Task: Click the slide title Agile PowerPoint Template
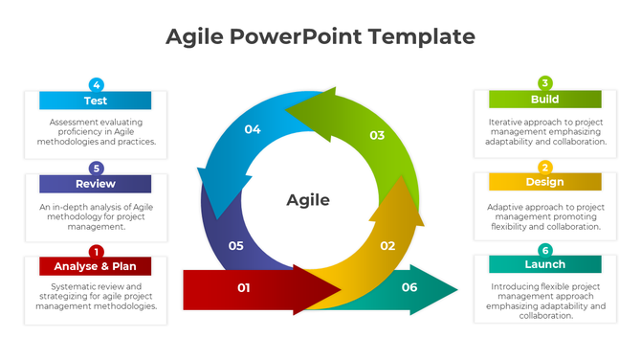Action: pyautogui.click(x=320, y=36)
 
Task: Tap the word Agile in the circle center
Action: pyautogui.click(x=308, y=200)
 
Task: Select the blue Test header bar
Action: pyautogui.click(x=95, y=101)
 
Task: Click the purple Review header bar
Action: pyautogui.click(x=95, y=184)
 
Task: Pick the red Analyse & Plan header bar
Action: pyautogui.click(x=95, y=266)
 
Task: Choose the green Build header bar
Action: pyautogui.click(x=544, y=100)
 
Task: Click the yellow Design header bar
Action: pyautogui.click(x=544, y=182)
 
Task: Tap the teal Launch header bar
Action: pyautogui.click(x=544, y=264)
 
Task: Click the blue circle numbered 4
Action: pyautogui.click(x=96, y=84)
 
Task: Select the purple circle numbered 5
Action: pyautogui.click(x=96, y=168)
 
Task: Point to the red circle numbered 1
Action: pyautogui.click(x=96, y=251)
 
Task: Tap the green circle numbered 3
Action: pyautogui.click(x=544, y=83)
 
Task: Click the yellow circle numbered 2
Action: pyautogui.click(x=544, y=167)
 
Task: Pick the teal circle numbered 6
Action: pyautogui.click(x=544, y=250)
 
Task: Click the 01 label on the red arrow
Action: pyautogui.click(x=243, y=287)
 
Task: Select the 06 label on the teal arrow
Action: pyautogui.click(x=409, y=287)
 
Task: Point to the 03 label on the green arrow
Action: pyautogui.click(x=377, y=135)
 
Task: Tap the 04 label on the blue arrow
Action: pyautogui.click(x=253, y=129)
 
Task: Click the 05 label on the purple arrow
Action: pyautogui.click(x=236, y=246)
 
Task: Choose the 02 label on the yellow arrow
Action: pyautogui.click(x=387, y=246)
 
